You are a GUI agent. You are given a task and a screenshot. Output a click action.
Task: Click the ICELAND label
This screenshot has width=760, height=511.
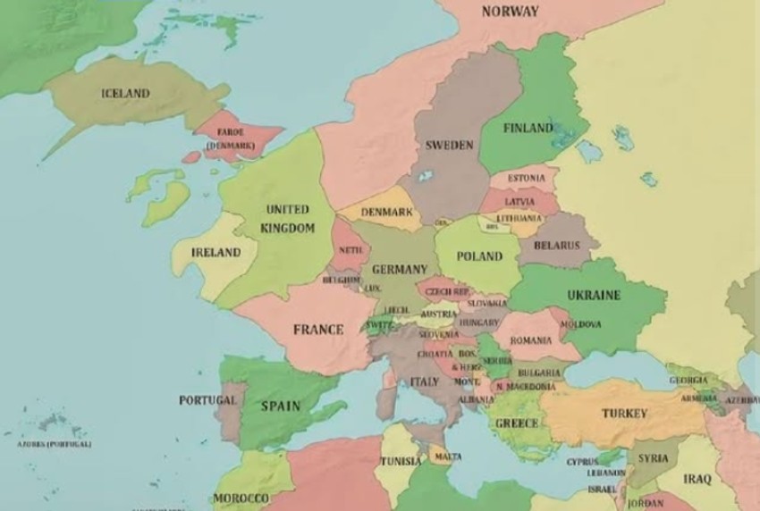(125, 94)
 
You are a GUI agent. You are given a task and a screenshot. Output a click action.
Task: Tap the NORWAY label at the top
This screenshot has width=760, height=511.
(511, 12)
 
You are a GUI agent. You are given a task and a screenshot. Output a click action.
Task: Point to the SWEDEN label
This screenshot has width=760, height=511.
(449, 145)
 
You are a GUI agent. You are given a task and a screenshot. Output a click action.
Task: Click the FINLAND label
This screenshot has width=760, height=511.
(528, 129)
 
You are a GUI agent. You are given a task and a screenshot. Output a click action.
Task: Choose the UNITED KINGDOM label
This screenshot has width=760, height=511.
(288, 219)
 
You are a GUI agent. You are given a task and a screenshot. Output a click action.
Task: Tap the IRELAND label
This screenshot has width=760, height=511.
(216, 253)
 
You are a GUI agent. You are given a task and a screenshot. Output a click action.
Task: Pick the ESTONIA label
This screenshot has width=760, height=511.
(526, 179)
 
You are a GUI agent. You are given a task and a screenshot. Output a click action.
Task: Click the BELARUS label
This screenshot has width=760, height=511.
(556, 246)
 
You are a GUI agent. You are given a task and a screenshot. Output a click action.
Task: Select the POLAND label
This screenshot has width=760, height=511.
(479, 256)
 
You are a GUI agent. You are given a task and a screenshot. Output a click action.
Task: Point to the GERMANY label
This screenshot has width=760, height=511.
(400, 270)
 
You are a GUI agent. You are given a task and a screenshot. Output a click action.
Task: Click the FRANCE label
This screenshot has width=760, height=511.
(318, 330)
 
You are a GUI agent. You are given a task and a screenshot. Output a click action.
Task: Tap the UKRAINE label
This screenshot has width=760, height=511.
(594, 295)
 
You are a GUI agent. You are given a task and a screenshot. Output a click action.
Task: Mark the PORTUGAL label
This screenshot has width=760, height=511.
(207, 400)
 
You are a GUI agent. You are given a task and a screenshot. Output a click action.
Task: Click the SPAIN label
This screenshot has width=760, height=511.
(280, 406)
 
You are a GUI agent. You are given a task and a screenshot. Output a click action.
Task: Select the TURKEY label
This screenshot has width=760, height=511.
(624, 414)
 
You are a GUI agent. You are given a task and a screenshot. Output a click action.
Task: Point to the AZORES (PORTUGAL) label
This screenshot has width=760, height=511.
(54, 444)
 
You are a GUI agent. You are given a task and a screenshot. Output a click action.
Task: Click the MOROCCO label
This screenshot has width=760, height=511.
(241, 498)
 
